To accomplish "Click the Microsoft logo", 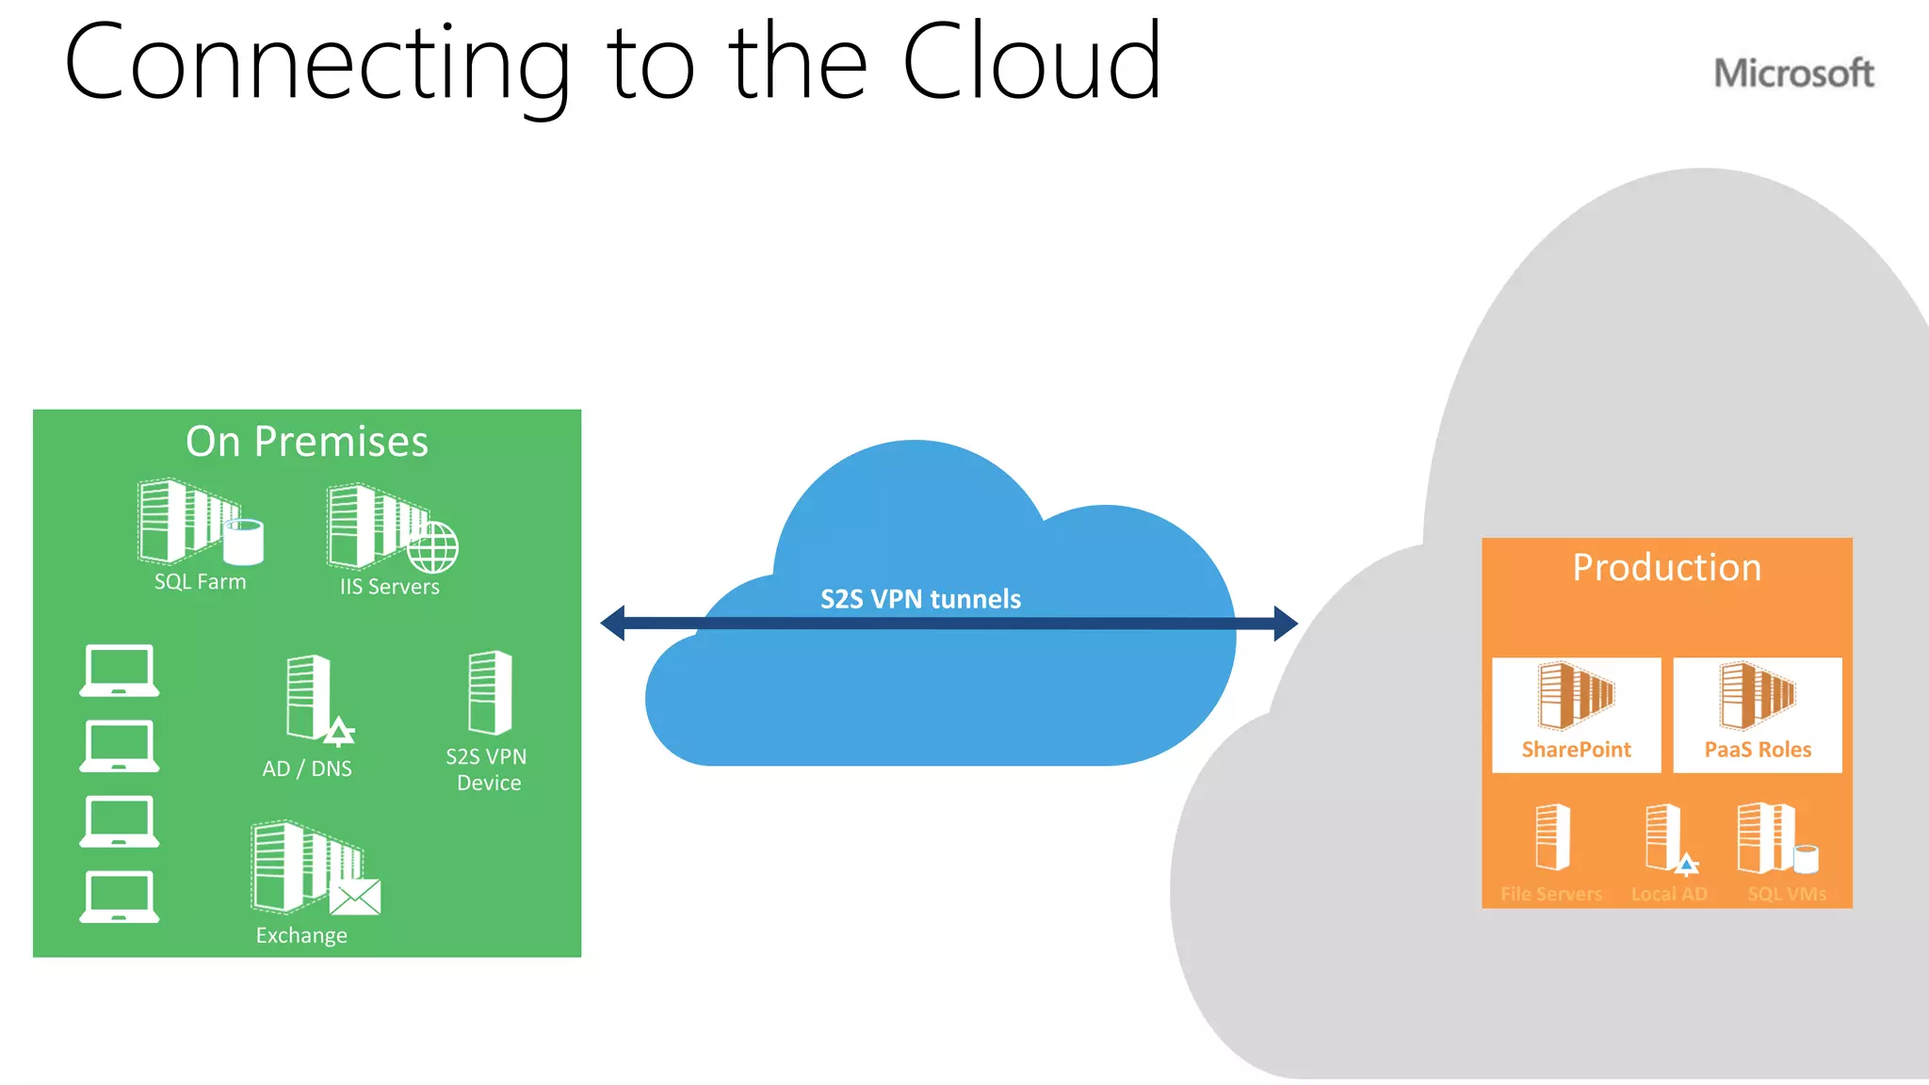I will pos(1793,73).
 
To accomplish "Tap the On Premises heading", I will pos(307,442).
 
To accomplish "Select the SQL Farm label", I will pos(200,582).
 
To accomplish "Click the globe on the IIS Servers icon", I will pos(433,547).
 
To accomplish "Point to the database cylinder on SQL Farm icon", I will pos(244,542).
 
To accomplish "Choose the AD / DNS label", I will pos(307,769).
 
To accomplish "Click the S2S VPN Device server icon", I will pos(490,692).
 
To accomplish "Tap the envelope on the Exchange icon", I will pos(355,898).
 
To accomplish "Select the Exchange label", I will pos(301,935).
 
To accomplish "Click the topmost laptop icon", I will pos(119,671).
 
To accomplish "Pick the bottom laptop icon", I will pos(119,897).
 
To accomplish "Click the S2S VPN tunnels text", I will pos(920,599).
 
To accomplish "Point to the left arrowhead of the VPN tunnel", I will pos(613,623).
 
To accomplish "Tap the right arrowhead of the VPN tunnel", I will pos(1285,623).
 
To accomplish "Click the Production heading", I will pos(1666,568).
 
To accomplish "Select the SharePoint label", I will pos(1576,750).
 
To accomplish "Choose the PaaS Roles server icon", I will pos(1757,696).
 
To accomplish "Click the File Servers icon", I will pos(1552,836).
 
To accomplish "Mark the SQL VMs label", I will pos(1787,894).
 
